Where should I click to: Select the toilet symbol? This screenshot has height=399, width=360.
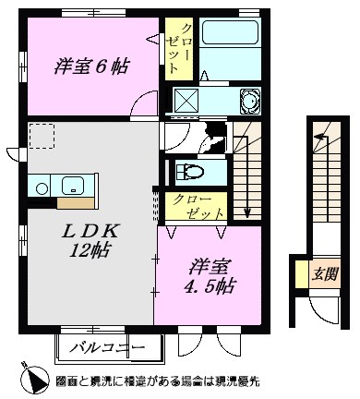(x=190, y=171)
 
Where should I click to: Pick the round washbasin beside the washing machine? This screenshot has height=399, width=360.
(x=248, y=101)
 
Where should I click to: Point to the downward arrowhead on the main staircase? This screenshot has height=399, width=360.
(x=248, y=213)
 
